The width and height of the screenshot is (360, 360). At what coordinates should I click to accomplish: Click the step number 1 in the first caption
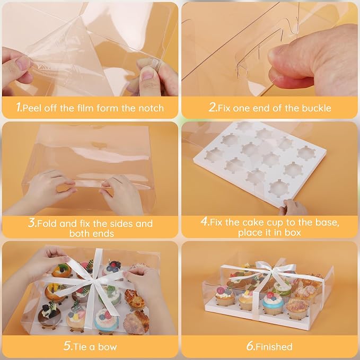tap(19, 107)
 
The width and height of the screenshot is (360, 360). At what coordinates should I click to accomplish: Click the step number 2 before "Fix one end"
tap(212, 107)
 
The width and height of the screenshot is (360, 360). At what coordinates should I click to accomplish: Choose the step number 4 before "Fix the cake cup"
tap(204, 221)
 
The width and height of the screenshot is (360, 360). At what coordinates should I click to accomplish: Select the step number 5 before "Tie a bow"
tap(67, 346)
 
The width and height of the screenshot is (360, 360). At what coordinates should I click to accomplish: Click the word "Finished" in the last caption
tap(274, 347)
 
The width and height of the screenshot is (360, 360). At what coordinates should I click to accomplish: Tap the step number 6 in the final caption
tap(250, 346)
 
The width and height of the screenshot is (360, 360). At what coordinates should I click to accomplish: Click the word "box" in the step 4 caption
tap(293, 232)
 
